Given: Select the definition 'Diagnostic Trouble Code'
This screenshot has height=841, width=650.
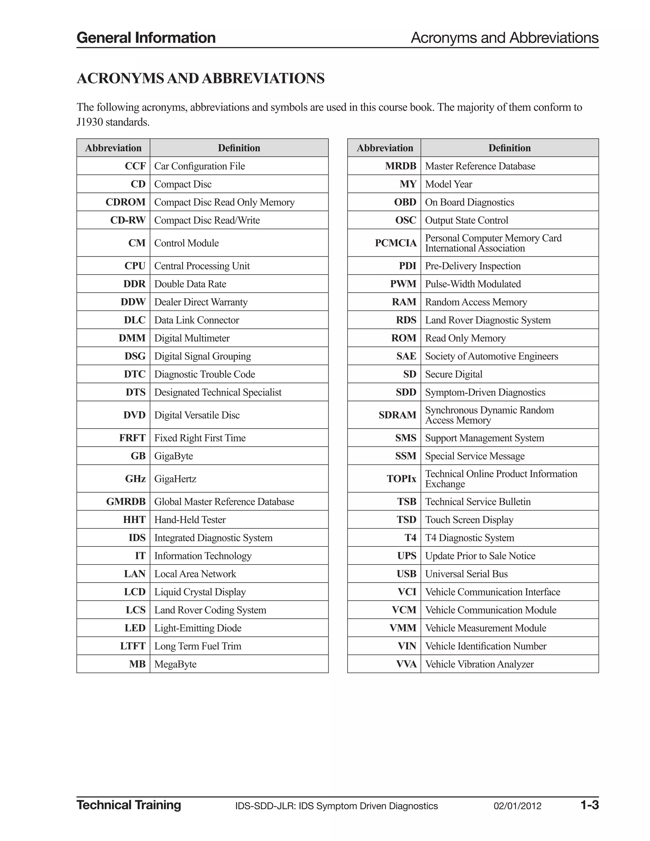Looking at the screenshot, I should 204,374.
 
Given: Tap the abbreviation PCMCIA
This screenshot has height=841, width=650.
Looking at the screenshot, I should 395,243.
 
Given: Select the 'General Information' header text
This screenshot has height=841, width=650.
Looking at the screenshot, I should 146,38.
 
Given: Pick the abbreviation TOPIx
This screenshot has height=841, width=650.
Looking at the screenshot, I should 401,479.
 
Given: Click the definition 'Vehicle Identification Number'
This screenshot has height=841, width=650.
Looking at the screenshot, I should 485,646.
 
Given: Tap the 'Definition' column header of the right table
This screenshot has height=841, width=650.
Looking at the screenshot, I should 509,148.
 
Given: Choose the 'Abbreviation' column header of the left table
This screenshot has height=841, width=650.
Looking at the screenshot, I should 113,148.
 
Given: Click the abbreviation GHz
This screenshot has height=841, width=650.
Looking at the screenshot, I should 135,479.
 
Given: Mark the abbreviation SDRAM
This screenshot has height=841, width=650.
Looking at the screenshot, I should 397,415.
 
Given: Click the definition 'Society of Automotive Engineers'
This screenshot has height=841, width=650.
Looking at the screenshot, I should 491,356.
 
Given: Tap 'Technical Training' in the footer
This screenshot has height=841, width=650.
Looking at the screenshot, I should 129,805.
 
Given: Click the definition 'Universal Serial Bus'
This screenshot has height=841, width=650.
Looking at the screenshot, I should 466,574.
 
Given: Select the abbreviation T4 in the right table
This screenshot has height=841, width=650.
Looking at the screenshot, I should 410,538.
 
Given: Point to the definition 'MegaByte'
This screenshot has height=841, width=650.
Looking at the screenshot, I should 175,664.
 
